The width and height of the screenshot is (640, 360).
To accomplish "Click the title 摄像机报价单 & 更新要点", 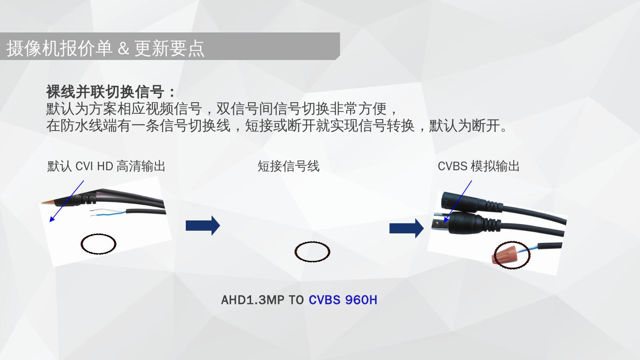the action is [x=105, y=48].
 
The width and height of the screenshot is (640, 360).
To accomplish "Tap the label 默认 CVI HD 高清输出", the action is [x=106, y=166].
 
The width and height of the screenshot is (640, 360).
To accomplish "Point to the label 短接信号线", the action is [x=288, y=166].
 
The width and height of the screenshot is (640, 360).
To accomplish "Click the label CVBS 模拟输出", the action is [x=478, y=166].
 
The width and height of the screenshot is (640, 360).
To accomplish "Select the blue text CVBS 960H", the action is [x=343, y=300].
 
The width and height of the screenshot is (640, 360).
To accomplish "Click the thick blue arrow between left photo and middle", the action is [x=203, y=225].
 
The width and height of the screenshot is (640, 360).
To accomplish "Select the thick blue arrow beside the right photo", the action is [x=406, y=228].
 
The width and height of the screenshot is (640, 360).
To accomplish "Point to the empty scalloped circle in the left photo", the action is [x=99, y=244].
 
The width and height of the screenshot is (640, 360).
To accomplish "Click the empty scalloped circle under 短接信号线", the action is [x=312, y=252].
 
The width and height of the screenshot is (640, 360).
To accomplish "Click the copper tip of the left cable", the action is [x=46, y=202].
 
